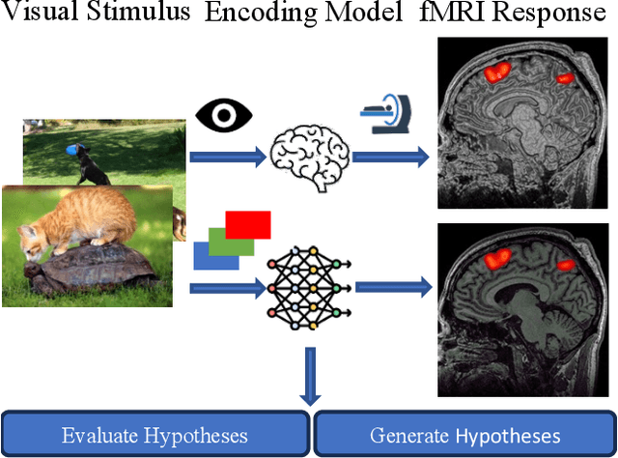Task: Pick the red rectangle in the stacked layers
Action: coord(249,225)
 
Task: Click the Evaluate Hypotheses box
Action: coord(154,434)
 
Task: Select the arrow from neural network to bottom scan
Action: coord(392,287)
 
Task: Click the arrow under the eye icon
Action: coord(228,155)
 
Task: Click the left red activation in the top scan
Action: coord(497,72)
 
